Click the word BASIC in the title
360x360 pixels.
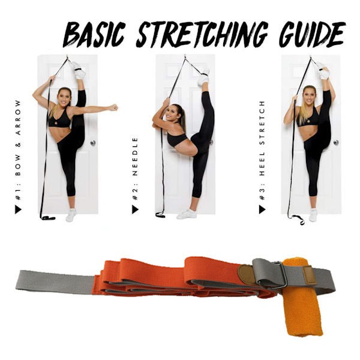(94, 35)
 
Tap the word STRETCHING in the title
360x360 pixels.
(202, 34)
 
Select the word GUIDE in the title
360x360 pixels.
(312, 34)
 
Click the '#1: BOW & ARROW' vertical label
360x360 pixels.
(18, 151)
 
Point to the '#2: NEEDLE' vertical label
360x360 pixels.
(135, 169)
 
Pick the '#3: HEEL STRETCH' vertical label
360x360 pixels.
(262, 151)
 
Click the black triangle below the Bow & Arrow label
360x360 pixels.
(18, 209)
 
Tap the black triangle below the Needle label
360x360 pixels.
(135, 209)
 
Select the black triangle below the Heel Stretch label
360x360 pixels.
(262, 209)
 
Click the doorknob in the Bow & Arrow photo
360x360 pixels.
(93, 143)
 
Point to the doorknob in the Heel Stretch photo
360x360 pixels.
(336, 142)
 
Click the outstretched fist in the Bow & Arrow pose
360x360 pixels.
(113, 107)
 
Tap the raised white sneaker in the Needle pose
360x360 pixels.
(203, 77)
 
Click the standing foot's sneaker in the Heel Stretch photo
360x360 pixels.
(313, 215)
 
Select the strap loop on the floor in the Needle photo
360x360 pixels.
(160, 215)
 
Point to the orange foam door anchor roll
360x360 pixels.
(302, 298)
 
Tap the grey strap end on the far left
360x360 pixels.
(55, 283)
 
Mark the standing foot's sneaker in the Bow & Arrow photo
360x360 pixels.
(71, 215)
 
